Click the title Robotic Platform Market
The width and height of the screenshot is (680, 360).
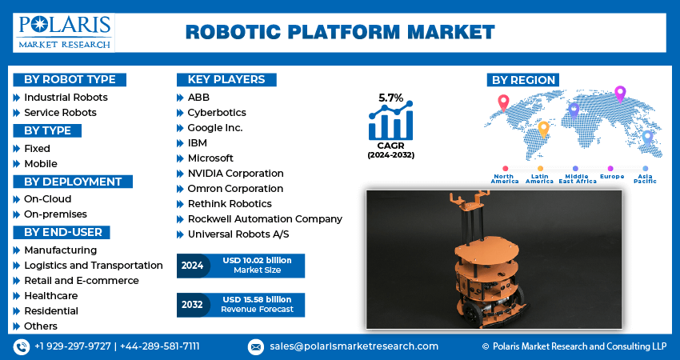click(340, 32)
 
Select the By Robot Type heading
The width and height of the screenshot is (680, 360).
click(70, 79)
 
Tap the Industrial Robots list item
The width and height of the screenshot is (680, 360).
click(66, 98)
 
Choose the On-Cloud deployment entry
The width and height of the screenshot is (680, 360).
click(47, 199)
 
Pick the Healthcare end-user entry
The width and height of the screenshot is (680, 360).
click(51, 295)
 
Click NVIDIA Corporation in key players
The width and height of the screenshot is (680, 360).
click(235, 174)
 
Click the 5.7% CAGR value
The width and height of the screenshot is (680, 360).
click(390, 98)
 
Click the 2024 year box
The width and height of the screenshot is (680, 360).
click(193, 266)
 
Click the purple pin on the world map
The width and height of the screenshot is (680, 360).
click(619, 94)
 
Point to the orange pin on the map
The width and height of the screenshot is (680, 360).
click(543, 129)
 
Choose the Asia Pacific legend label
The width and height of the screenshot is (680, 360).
click(644, 178)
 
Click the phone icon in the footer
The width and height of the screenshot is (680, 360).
click(22, 346)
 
